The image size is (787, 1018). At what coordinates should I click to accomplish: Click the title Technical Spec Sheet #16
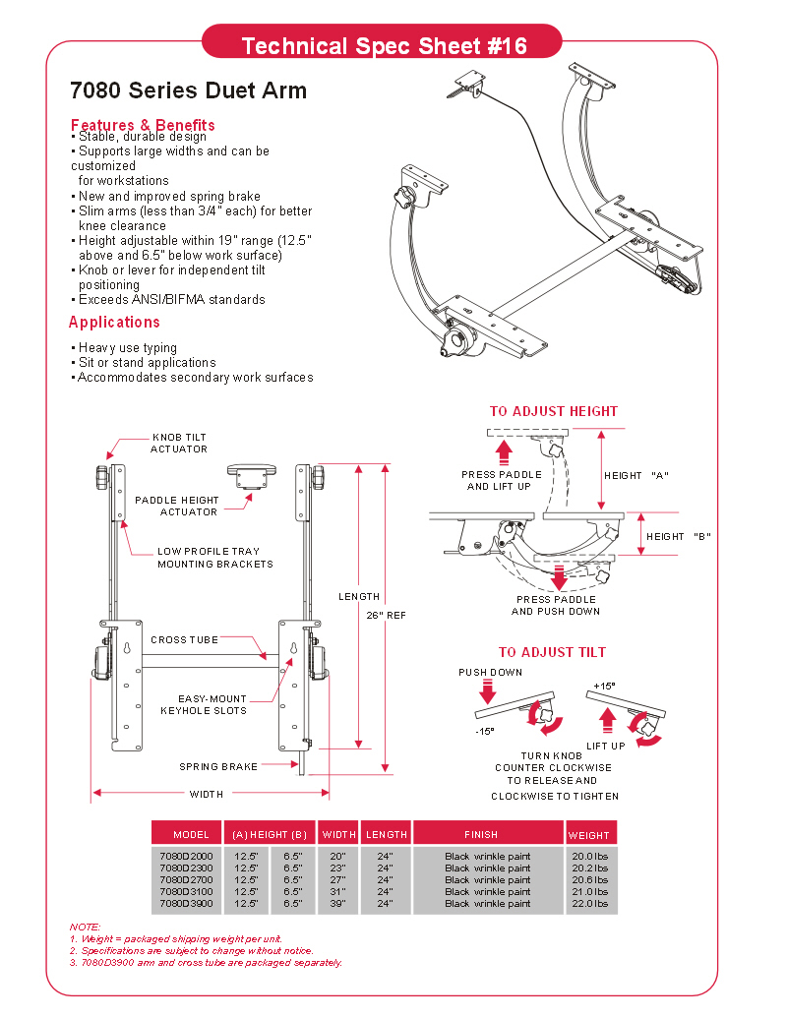tap(384, 46)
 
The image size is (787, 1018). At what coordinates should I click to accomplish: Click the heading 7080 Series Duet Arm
tap(188, 90)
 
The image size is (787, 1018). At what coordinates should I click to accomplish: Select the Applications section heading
tap(114, 322)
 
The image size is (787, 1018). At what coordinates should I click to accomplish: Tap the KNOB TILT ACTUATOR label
tap(179, 444)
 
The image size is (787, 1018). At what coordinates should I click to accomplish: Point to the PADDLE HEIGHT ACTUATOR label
tap(177, 506)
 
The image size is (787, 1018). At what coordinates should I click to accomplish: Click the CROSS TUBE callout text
tap(184, 640)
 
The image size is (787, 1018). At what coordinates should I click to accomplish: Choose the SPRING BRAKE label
tap(218, 767)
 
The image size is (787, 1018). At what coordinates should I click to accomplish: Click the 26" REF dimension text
tap(386, 616)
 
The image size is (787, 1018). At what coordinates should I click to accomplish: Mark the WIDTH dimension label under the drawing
tap(207, 794)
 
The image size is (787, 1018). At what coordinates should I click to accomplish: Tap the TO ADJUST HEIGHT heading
tap(554, 411)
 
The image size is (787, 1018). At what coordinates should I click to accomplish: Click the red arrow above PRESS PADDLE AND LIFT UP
tap(504, 451)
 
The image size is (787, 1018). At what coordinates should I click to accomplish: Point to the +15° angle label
tap(605, 687)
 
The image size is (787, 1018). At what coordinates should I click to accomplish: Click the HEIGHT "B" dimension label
tap(679, 537)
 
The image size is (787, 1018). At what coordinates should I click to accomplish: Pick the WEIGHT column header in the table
tap(589, 836)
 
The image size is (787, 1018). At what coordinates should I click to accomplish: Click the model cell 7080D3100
tap(186, 892)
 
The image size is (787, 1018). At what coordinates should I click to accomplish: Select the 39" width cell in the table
tap(337, 904)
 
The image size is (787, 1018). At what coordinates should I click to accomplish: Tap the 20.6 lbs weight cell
tap(590, 880)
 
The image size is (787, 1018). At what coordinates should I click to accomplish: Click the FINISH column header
tap(481, 835)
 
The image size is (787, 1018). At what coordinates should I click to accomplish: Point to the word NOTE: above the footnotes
tap(85, 928)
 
